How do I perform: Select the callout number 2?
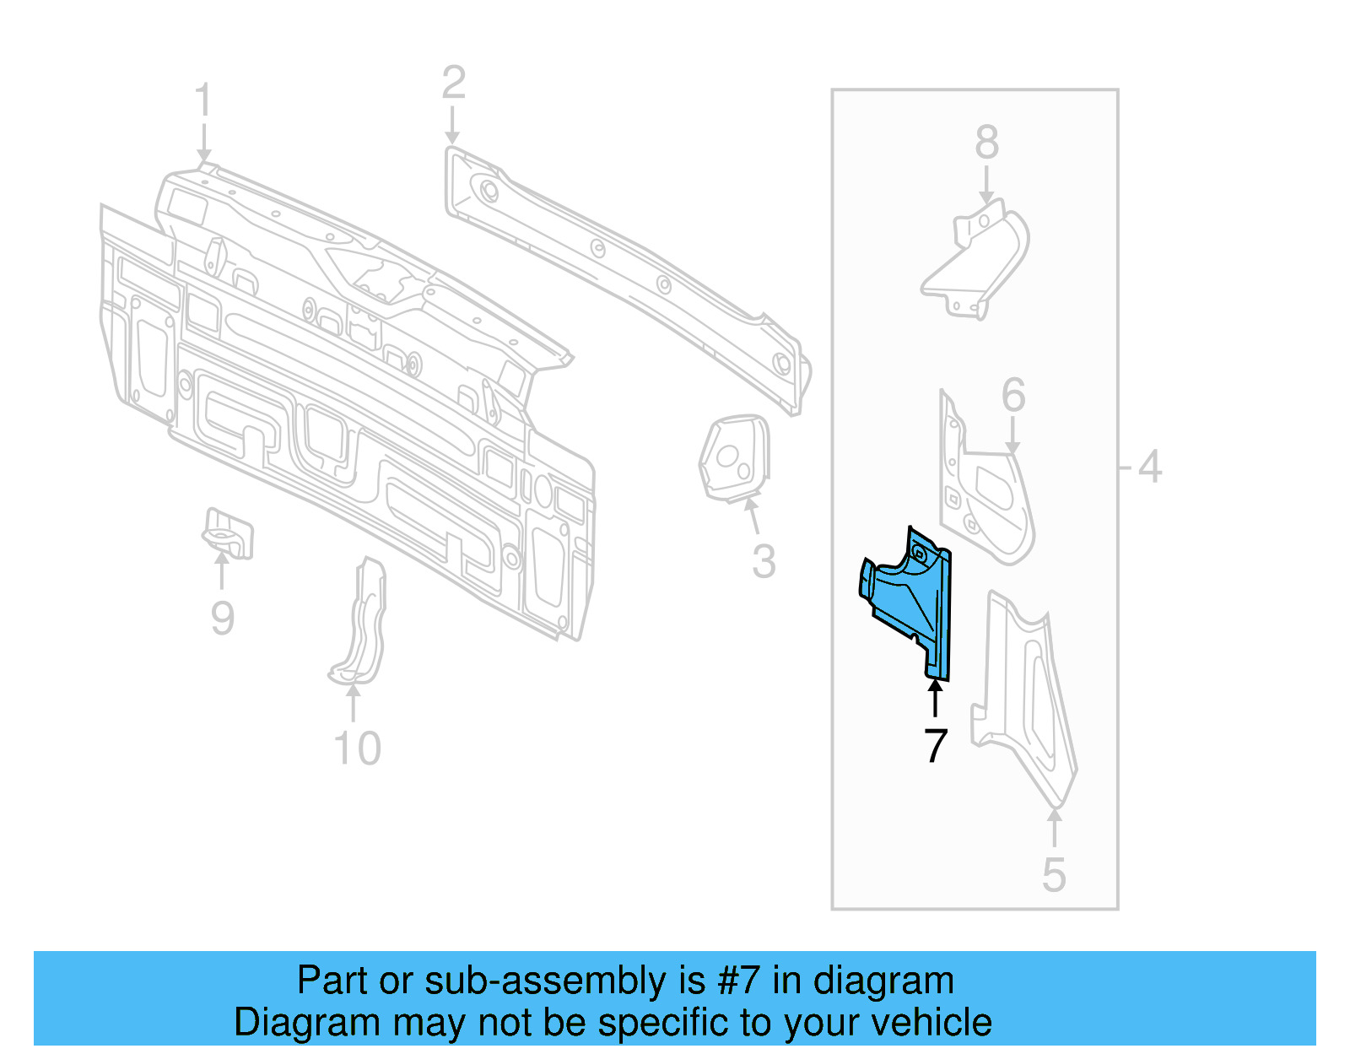click(x=453, y=84)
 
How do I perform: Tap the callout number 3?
click(x=764, y=562)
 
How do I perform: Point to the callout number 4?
click(x=1149, y=467)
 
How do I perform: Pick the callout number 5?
click(x=1054, y=874)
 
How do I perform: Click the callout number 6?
click(x=1013, y=395)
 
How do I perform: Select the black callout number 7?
click(x=935, y=746)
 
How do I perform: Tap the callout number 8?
click(x=986, y=143)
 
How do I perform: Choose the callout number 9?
click(x=222, y=618)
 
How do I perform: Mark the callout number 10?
click(x=357, y=749)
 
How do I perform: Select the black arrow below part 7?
click(x=935, y=699)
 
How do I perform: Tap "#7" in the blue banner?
click(x=739, y=981)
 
